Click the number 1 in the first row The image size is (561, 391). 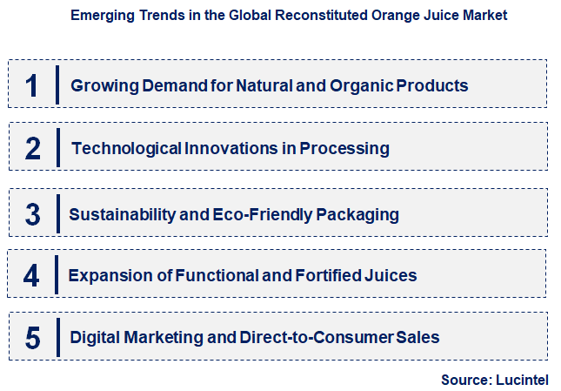[33, 85]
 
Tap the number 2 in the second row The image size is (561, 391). [33, 148]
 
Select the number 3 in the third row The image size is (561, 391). [33, 214]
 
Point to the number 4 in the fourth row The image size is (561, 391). [33, 276]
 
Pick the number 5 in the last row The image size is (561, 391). [33, 337]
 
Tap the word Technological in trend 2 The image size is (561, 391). [126, 148]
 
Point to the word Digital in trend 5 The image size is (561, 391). [95, 337]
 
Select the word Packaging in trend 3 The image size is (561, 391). [359, 214]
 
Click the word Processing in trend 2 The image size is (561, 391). [344, 148]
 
